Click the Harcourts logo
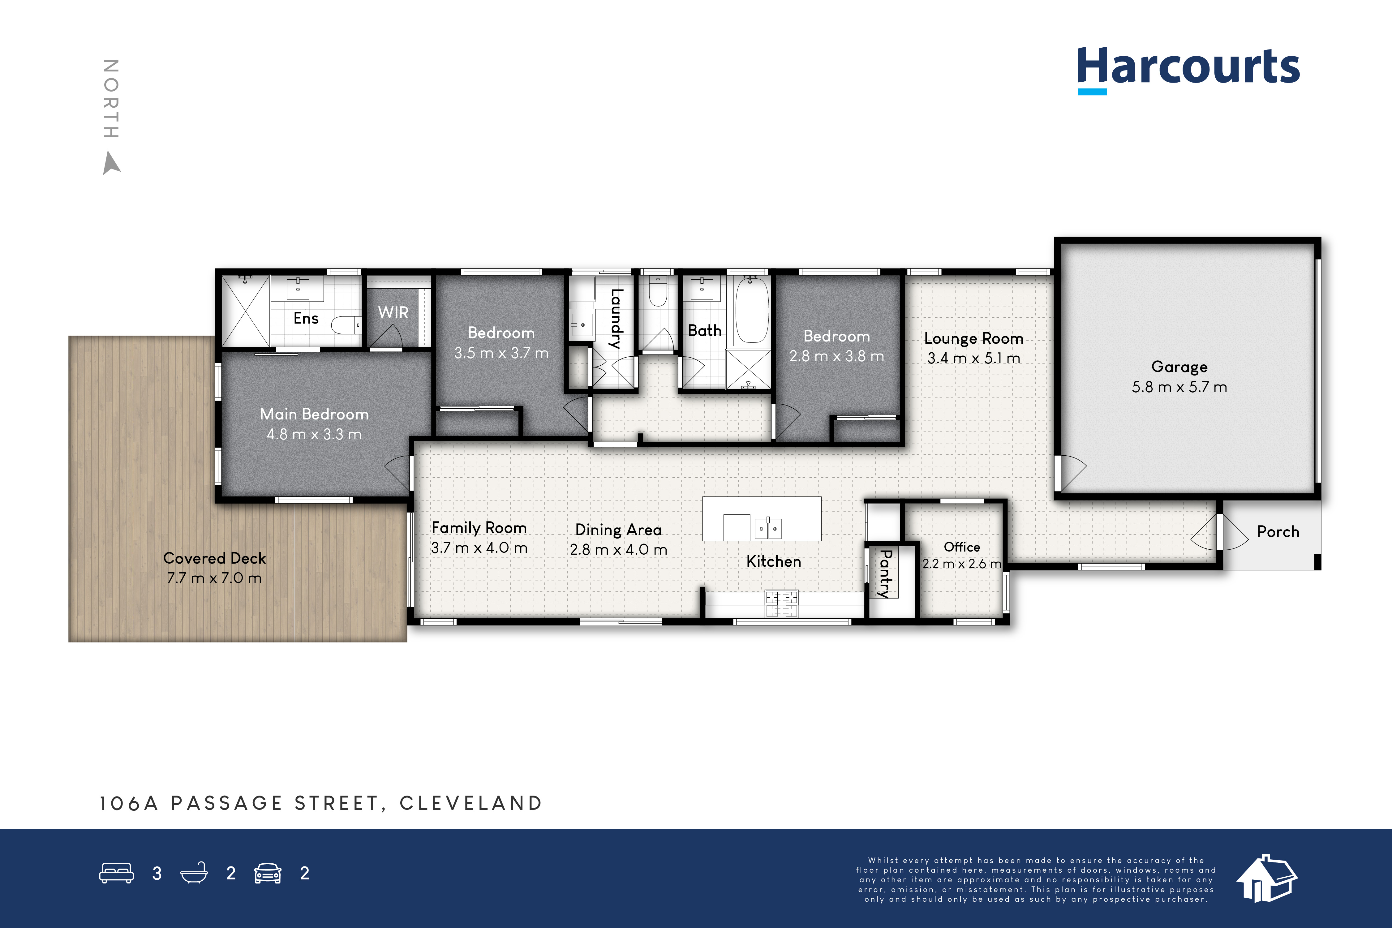coord(1188,70)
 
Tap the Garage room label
coord(1179,367)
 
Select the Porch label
coord(1278,531)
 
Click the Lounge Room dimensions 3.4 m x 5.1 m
coord(973,358)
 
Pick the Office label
coord(962,547)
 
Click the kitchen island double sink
coord(768,528)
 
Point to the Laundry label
coord(616,318)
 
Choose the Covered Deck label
coord(214,558)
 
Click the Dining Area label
coord(618,530)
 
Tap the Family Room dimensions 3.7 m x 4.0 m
coord(479,548)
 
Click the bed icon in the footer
coord(117,873)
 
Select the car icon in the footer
coord(268,873)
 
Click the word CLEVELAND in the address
coord(471,803)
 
